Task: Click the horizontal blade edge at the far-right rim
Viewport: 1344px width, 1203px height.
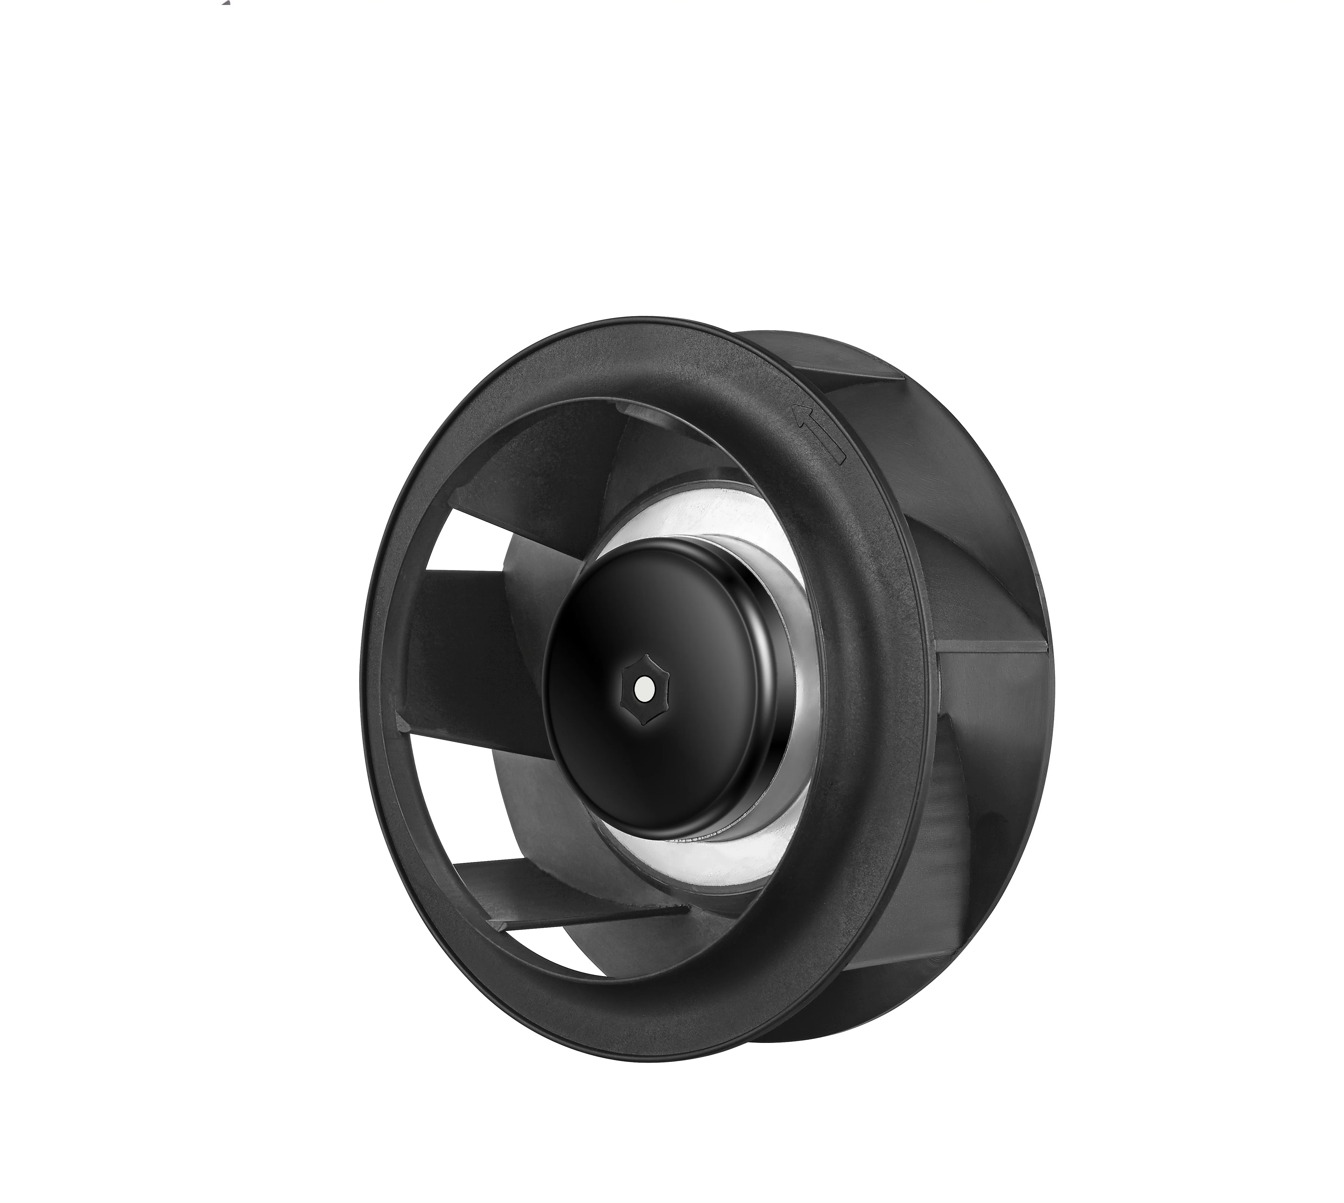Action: coord(992,645)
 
